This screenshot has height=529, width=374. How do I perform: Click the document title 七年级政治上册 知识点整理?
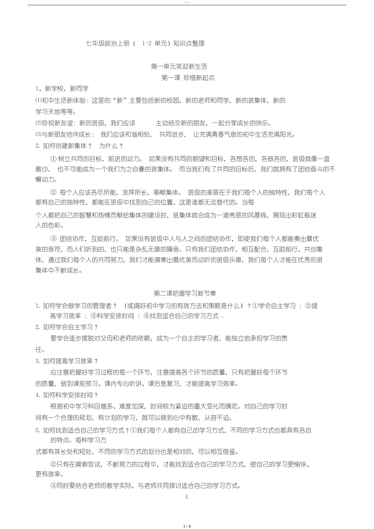[x=145, y=44]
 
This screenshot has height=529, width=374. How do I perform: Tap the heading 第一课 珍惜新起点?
[x=188, y=78]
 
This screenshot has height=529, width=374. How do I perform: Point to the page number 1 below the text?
[x=187, y=497]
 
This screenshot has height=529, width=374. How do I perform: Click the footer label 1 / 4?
[x=187, y=526]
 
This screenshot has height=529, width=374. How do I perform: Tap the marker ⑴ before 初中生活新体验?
[x=38, y=100]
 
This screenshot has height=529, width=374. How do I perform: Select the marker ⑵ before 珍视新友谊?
[x=38, y=123]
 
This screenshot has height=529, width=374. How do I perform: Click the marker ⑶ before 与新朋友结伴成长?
[x=38, y=135]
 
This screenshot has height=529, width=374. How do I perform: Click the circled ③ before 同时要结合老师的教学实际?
[x=53, y=485]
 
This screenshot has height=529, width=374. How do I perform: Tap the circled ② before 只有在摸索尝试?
[x=53, y=464]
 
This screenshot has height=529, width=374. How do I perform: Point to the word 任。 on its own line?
[x=40, y=350]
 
